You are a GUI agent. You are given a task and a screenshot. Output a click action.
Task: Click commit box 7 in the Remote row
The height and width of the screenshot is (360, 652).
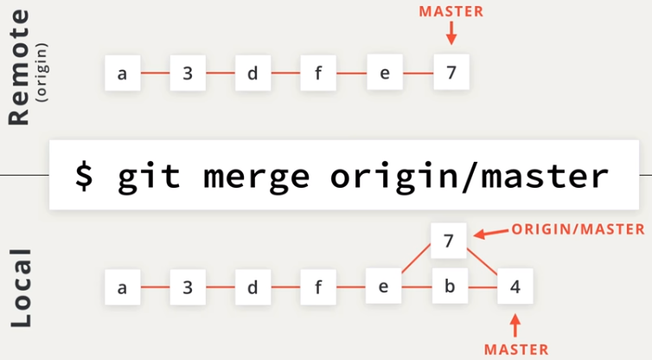(x=450, y=73)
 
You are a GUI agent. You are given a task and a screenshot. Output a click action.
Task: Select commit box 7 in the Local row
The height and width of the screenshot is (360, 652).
(x=449, y=240)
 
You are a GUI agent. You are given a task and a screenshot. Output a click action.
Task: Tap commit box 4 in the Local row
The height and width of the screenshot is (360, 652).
(x=515, y=286)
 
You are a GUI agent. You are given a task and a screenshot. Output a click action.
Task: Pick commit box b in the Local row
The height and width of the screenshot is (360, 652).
(x=449, y=286)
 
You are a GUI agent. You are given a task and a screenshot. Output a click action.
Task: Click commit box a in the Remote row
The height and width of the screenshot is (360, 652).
(x=122, y=73)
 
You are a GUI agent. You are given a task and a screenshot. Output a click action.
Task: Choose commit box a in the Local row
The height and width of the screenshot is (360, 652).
(x=122, y=286)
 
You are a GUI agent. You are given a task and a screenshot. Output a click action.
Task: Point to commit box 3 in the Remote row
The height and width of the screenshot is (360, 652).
(x=187, y=73)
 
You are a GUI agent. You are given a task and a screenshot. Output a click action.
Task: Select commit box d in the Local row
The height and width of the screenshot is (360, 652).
(x=252, y=286)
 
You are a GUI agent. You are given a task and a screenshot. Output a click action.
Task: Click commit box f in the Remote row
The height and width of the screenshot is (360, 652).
(x=318, y=73)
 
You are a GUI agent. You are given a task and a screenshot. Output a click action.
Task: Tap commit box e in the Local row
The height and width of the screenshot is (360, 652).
(x=383, y=286)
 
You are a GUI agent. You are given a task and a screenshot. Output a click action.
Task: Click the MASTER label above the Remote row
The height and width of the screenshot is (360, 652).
(x=451, y=11)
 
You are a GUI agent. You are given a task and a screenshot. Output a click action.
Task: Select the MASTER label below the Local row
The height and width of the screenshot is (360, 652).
(x=516, y=349)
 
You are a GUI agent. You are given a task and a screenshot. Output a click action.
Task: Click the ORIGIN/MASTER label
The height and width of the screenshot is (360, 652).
(x=578, y=228)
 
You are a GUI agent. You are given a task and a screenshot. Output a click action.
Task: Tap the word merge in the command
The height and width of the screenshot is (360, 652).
(x=256, y=176)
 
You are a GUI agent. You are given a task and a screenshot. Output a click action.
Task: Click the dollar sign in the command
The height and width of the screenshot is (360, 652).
(x=84, y=176)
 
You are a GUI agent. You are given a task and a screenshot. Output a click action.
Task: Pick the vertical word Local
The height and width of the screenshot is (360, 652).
(x=22, y=289)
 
